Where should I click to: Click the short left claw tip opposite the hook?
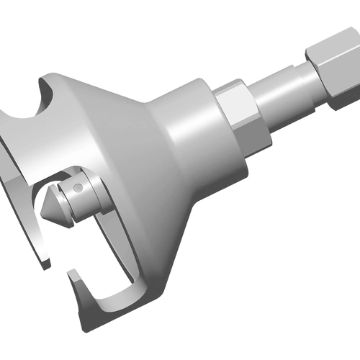48,264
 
